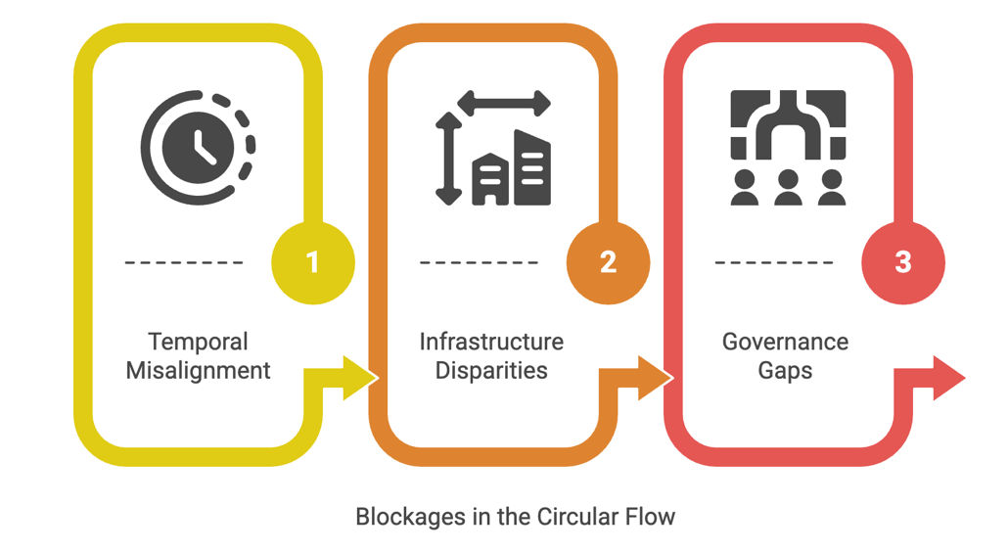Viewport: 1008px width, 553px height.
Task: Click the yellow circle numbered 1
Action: tap(312, 262)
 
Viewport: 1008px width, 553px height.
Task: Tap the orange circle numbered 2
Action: tap(608, 262)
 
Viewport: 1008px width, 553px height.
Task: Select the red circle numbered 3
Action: tap(902, 262)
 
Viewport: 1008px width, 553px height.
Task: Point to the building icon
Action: tap(512, 169)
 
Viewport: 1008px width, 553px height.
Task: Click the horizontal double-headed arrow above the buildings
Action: tap(504, 104)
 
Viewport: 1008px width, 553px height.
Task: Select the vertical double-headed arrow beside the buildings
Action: tap(448, 159)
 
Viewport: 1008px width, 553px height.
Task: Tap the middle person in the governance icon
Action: tap(788, 187)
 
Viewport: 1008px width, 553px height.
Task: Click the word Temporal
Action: tap(198, 342)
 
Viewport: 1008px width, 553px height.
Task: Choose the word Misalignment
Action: tap(198, 372)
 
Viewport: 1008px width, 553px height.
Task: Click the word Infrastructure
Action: tap(491, 342)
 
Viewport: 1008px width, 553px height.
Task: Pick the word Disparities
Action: tap(491, 372)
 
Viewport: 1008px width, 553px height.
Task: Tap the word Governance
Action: tap(785, 342)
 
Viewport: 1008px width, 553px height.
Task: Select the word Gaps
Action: tap(785, 372)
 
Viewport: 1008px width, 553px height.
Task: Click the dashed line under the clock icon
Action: tap(184, 262)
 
